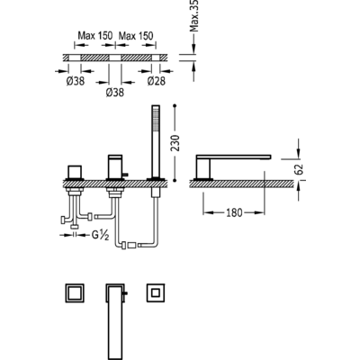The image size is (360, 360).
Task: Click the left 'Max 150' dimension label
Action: click(95, 36)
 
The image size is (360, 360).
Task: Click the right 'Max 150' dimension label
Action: click(136, 36)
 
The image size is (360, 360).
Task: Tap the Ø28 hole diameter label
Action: click(157, 81)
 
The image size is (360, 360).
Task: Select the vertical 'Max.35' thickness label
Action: click(194, 15)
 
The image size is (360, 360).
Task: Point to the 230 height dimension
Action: click(175, 143)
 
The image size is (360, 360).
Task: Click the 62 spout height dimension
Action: click(301, 169)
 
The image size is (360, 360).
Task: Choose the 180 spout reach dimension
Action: click(234, 212)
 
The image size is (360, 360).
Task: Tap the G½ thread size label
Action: click(100, 236)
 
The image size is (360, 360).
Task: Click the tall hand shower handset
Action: click(156, 141)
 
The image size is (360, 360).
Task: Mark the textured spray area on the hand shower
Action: click(156, 120)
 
